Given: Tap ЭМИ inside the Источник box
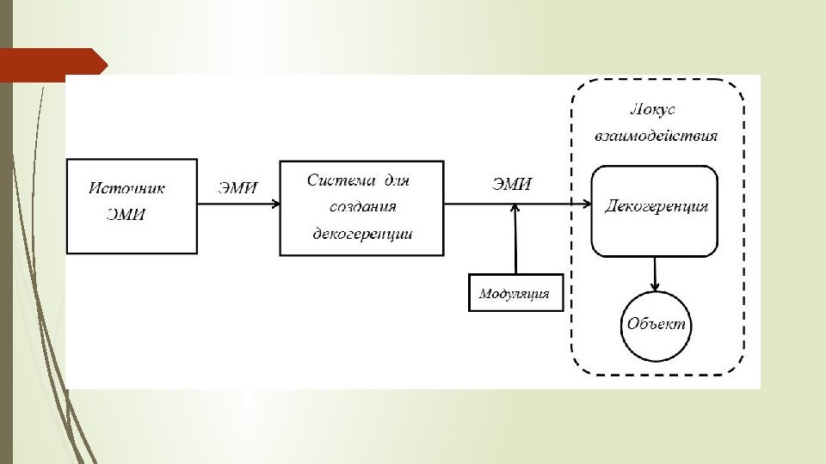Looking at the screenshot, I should click(126, 215).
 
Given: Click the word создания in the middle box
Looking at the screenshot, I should click(362, 207).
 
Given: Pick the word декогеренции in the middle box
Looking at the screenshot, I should click(362, 233).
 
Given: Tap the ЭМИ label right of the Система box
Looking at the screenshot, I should click(512, 183).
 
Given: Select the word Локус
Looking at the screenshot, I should click(653, 109).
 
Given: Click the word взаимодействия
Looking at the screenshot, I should click(656, 136).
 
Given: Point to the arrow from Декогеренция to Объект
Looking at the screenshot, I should click(656, 272).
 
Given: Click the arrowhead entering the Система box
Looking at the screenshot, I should click(274, 205).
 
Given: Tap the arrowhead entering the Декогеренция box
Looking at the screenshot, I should click(586, 205).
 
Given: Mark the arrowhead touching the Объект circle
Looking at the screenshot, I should click(656, 286).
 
